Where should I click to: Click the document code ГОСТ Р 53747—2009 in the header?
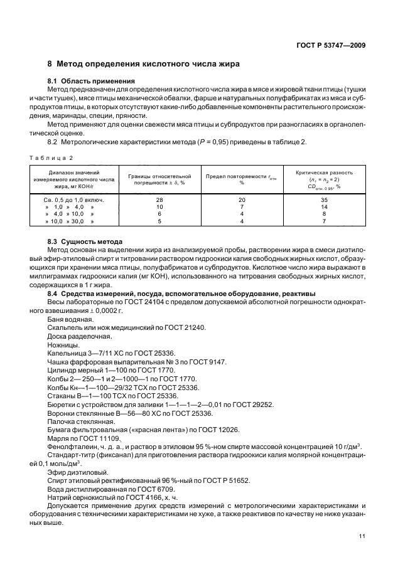point(330,46)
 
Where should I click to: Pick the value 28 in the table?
point(159,199)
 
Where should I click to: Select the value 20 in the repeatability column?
point(241,199)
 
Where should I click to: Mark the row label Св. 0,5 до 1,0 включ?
point(74,199)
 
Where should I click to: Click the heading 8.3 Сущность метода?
point(85,241)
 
